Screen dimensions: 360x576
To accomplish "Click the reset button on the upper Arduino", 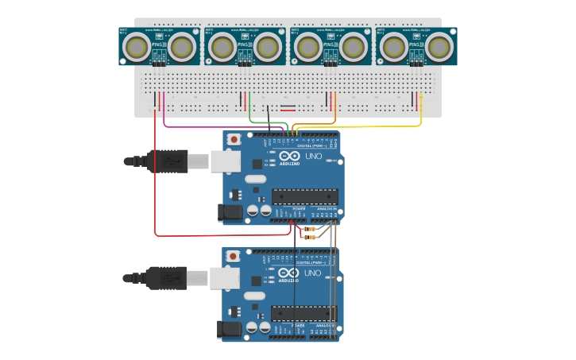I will [234, 139].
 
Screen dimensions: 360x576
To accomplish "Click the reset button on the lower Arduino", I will [233, 256].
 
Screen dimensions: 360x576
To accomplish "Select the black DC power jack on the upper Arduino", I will [230, 212].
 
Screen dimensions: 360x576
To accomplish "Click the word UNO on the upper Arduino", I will [312, 156].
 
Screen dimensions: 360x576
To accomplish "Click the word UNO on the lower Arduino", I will [312, 273].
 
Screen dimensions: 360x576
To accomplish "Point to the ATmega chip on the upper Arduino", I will [305, 196].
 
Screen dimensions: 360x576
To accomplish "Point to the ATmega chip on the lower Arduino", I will [305, 313].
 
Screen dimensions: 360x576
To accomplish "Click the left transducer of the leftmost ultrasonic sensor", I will [138, 48].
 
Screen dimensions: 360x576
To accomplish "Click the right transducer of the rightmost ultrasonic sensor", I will [439, 48].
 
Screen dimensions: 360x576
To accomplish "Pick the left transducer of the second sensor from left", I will [223, 48].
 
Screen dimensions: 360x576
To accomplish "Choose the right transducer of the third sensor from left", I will [354, 48].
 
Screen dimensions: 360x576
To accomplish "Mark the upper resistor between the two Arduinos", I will [309, 229].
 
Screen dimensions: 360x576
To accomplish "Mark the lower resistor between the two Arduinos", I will [309, 237].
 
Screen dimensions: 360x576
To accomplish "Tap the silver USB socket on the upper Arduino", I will [225, 161].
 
